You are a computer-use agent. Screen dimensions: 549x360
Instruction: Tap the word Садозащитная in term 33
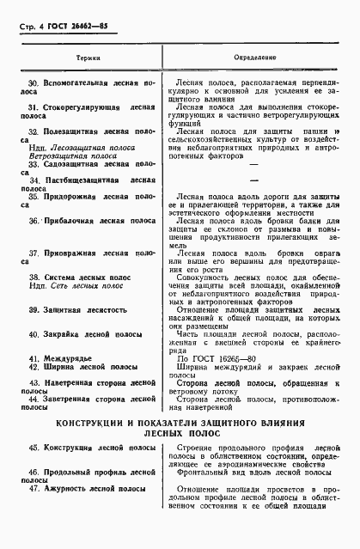click(x=65, y=165)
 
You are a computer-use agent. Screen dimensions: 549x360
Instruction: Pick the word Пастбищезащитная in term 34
click(x=76, y=180)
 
